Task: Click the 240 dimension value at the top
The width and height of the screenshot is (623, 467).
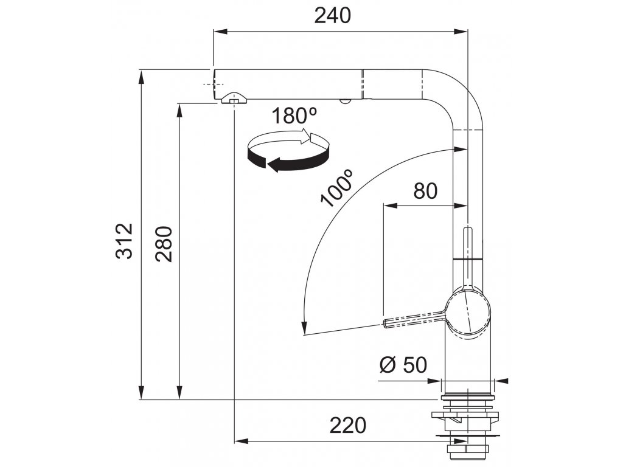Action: [x=333, y=16]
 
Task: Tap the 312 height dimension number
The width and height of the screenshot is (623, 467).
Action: [x=124, y=241]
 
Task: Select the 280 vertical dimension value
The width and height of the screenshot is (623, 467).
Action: [x=164, y=243]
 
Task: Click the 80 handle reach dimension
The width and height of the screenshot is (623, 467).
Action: [x=425, y=191]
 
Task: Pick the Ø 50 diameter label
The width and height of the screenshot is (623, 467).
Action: [x=402, y=365]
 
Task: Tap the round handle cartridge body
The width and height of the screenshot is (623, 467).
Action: [x=468, y=311]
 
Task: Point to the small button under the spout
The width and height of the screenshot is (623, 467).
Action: [x=346, y=102]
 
